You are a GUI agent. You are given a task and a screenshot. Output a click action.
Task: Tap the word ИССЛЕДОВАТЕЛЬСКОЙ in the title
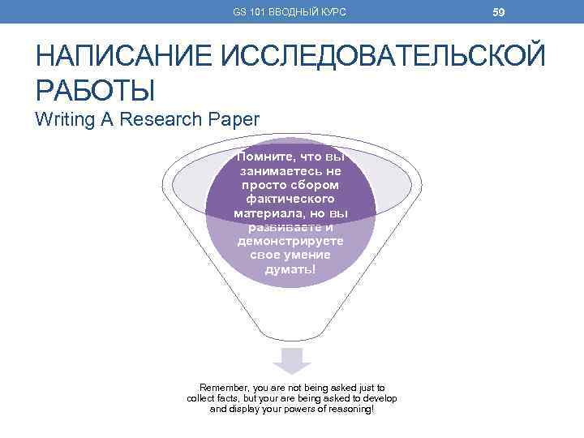pyautogui.click(x=389, y=58)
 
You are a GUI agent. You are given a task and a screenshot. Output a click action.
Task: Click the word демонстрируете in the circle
pyautogui.click(x=291, y=242)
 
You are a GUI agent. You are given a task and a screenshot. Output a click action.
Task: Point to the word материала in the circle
pyautogui.click(x=268, y=213)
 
